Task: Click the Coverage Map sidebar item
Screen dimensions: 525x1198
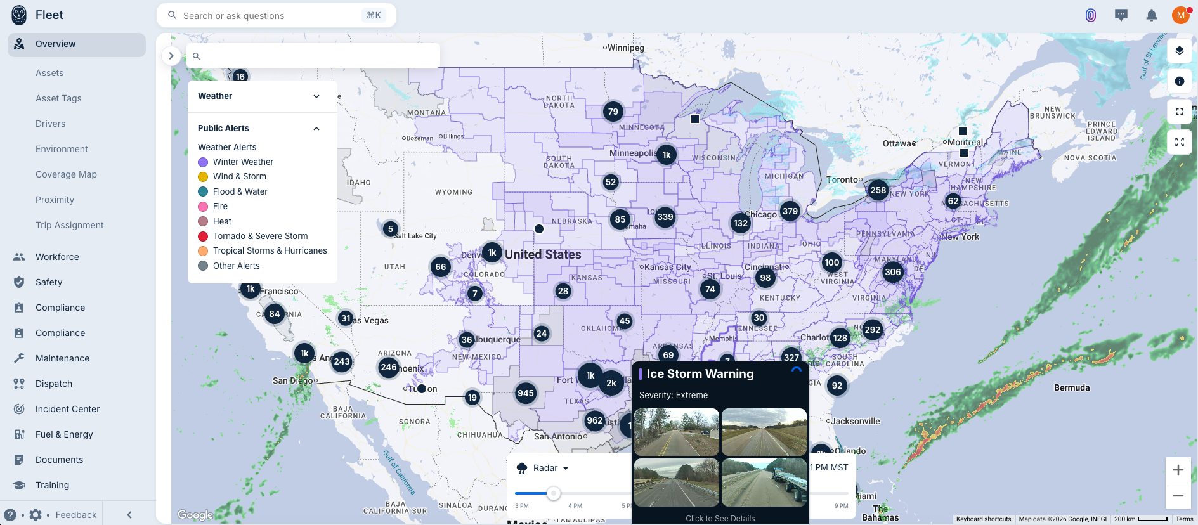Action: point(66,174)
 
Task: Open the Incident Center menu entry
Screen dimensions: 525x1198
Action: point(67,409)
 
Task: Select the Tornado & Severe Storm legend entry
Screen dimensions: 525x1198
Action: point(260,236)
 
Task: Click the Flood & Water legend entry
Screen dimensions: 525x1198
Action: point(240,191)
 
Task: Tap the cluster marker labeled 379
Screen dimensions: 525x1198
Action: point(790,211)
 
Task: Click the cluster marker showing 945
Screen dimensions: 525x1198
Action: point(526,393)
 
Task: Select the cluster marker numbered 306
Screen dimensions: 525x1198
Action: point(893,272)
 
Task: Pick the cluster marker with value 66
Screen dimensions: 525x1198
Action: point(441,267)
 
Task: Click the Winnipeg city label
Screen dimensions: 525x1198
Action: point(625,48)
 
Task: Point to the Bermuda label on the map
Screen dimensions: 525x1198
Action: point(1072,387)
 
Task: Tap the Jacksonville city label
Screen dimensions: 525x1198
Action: point(856,421)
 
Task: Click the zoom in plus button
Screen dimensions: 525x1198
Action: point(1178,470)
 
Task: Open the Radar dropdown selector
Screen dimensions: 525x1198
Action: point(550,468)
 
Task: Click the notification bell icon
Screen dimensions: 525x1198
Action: point(1152,15)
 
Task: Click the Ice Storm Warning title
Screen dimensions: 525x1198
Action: point(700,374)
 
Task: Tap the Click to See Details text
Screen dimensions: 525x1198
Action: point(720,518)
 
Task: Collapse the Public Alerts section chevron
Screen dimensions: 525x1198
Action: point(316,128)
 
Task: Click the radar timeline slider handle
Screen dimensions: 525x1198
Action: point(554,493)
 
